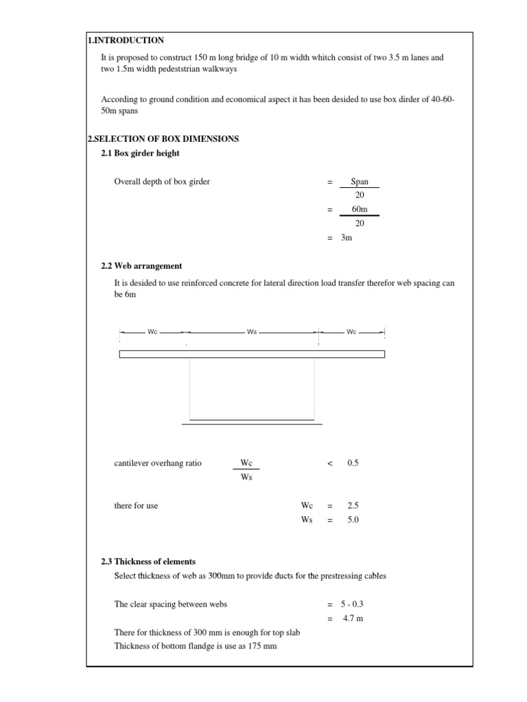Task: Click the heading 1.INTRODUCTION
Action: (126, 40)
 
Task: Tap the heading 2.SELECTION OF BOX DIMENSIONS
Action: (163, 138)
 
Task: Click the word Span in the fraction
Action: (359, 182)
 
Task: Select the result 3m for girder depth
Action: (347, 237)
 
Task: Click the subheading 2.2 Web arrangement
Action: (141, 266)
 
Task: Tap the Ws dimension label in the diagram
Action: (252, 332)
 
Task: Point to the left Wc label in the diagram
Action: (152, 332)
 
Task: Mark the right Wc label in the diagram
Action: (351, 332)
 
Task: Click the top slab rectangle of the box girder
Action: (252, 354)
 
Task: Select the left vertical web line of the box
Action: (190, 387)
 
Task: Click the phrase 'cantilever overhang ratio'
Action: (158, 463)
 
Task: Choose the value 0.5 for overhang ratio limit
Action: (353, 463)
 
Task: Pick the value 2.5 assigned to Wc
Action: (353, 506)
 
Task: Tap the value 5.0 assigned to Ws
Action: (353, 520)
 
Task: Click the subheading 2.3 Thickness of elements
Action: (148, 561)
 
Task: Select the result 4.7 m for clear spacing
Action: (352, 618)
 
